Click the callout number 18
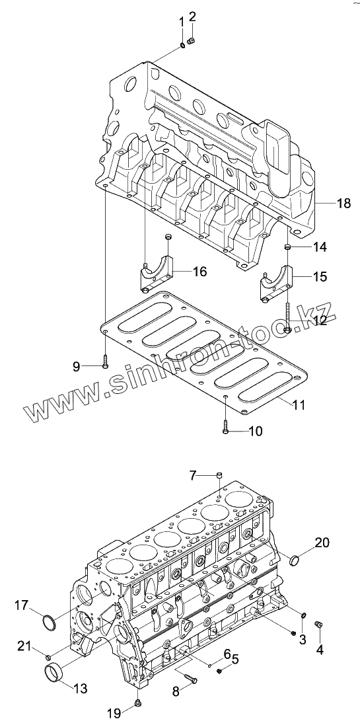tap(344, 203)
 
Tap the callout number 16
tap(199, 272)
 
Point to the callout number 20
tap(322, 543)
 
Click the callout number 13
tap(79, 689)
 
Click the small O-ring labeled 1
tap(182, 45)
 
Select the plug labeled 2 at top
tap(193, 41)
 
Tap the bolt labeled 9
tap(106, 362)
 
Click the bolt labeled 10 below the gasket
tap(225, 426)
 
